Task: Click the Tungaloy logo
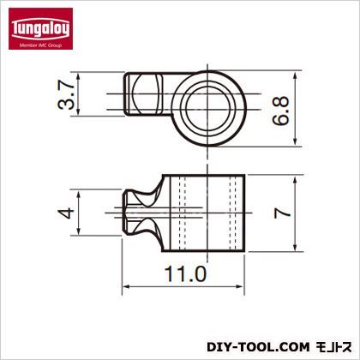click(40, 28)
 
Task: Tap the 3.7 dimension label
click(66, 94)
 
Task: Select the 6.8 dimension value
click(280, 111)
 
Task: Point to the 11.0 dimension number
click(185, 273)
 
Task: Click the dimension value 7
click(282, 213)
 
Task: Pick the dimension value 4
click(66, 213)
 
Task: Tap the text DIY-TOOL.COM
click(258, 347)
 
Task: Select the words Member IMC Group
click(40, 45)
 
